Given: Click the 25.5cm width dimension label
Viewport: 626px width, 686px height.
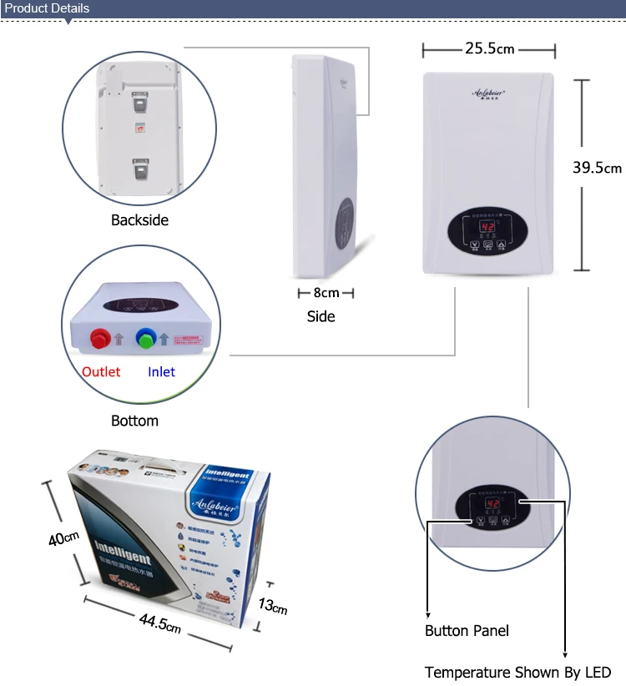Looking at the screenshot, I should point(490,49).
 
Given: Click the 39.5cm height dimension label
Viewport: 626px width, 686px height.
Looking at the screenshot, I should point(597,167).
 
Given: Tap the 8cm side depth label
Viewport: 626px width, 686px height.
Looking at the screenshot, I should point(326,293).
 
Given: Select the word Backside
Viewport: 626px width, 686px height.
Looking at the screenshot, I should point(139,220).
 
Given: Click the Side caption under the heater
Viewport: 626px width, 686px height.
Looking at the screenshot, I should point(321,316).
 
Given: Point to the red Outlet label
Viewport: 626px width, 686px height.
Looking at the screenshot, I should point(101,371).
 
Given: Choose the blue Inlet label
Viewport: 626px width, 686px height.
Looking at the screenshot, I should point(162,371).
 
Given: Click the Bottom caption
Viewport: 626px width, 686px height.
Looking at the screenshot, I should point(134,421).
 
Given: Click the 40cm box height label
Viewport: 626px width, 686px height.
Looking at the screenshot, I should point(63,538).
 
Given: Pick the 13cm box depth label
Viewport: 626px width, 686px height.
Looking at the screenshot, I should point(272,604).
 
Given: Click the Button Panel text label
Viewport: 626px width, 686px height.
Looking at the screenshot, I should point(467,631).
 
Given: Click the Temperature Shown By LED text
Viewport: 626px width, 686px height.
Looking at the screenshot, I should point(517,672).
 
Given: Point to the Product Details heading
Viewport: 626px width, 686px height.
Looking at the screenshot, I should point(47,8).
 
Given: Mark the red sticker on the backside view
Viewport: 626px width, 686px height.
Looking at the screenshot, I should point(140,129).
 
